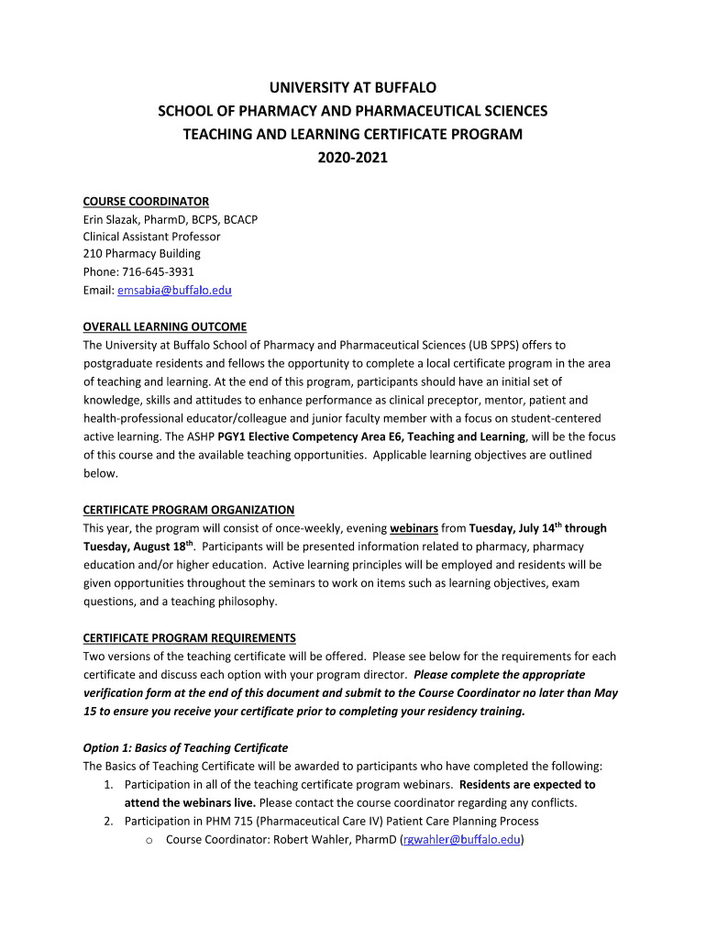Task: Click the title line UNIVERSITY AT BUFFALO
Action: pos(352,88)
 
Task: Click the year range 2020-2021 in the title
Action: pos(352,158)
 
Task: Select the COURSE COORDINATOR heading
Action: pos(146,202)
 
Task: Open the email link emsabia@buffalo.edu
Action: pos(174,290)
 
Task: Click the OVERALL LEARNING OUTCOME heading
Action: pos(165,327)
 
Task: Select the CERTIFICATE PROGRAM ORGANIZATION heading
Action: pos(189,510)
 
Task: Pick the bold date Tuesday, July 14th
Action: pos(513,528)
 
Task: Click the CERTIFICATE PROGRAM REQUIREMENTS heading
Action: pos(190,638)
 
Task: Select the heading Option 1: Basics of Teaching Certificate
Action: pos(185,747)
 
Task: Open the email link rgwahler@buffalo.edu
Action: pos(461,839)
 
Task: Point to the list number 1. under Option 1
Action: pos(107,784)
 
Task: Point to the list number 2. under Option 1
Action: pos(107,821)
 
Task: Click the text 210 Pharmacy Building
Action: pos(142,254)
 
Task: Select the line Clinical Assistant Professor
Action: pos(152,237)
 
